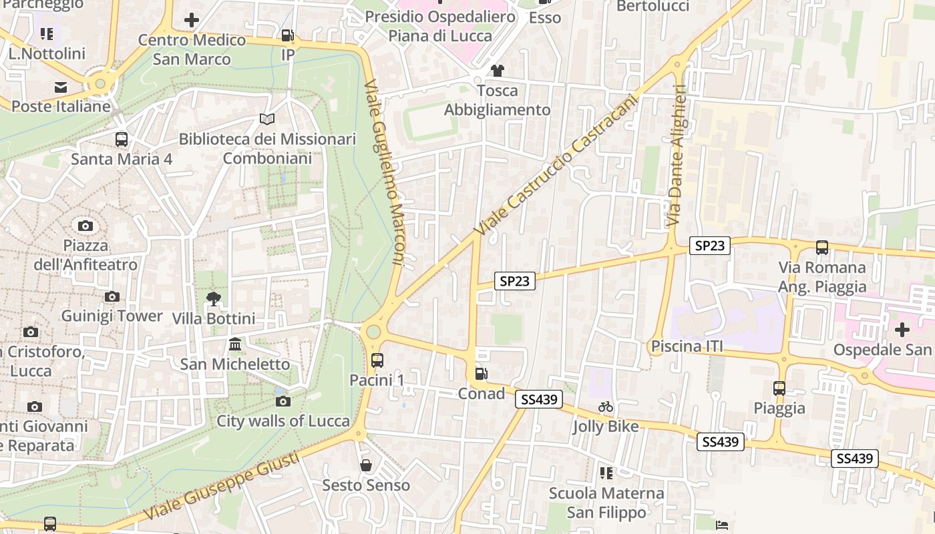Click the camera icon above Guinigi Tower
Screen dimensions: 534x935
tap(112, 296)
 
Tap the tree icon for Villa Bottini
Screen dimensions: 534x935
tap(214, 298)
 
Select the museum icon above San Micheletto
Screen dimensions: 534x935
tap(235, 344)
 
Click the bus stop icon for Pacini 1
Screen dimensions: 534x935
tap(377, 360)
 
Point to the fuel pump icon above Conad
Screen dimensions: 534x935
tap(481, 374)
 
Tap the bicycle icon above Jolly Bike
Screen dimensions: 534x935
tap(606, 406)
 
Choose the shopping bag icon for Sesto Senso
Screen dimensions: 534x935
tap(366, 465)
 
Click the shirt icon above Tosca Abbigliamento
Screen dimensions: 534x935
tap(498, 70)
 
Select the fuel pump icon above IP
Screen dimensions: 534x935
tap(287, 35)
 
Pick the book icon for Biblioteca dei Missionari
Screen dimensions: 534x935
tap(267, 119)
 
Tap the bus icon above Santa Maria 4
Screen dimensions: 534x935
tap(122, 140)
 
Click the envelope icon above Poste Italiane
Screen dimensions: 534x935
tap(61, 87)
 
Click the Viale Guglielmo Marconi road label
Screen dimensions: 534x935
tap(385, 174)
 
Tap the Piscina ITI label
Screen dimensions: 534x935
tap(687, 346)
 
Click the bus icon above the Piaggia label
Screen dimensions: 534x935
tap(779, 388)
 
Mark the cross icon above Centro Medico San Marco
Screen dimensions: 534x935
tap(192, 20)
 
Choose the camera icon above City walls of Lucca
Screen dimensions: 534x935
tap(283, 401)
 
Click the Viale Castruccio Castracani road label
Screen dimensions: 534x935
tap(556, 166)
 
